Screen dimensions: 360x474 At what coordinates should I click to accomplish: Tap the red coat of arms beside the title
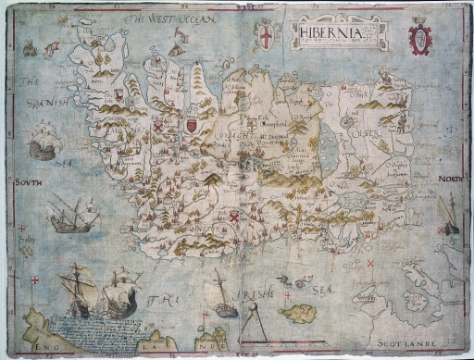(420, 39)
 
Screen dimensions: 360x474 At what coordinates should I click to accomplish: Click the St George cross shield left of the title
(267, 35)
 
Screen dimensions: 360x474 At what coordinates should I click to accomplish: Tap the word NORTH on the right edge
(450, 179)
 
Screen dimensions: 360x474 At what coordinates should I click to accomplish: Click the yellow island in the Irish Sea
(298, 313)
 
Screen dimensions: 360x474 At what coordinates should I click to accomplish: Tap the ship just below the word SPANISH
(43, 142)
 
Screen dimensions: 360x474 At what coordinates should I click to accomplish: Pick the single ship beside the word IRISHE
(221, 295)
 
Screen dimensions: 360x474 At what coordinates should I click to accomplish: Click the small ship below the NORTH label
(450, 215)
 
